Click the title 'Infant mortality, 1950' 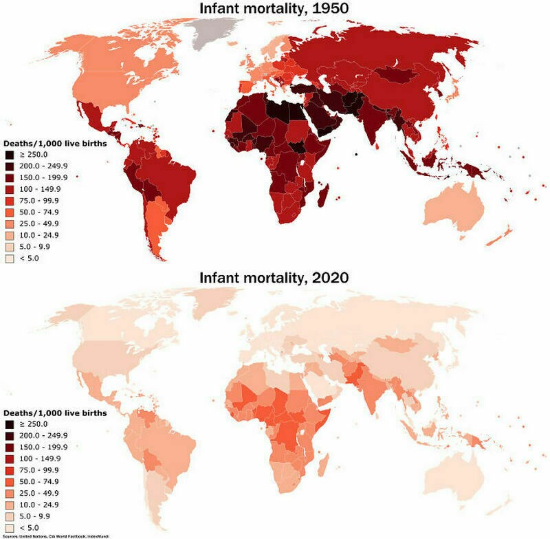274,9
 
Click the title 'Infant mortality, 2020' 274,278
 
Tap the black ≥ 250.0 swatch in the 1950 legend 10,155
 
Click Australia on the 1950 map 454,206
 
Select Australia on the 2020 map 454,474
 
